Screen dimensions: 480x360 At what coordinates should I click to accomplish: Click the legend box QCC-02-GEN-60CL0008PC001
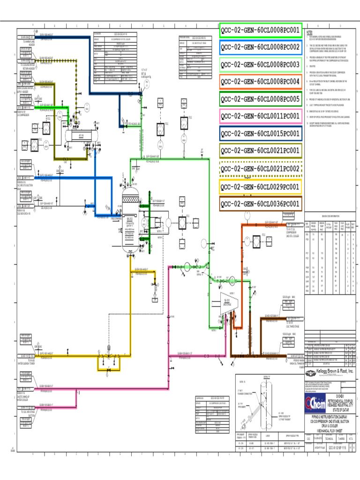[260, 31]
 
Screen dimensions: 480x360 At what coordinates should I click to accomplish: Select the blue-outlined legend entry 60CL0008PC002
[260, 47]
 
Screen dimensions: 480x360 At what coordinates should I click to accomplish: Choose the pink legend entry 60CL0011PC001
[260, 116]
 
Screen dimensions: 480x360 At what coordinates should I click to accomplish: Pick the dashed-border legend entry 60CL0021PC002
[260, 168]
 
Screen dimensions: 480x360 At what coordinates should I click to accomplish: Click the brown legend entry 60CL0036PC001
[260, 203]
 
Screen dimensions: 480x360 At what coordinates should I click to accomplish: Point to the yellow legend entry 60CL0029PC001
[260, 187]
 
